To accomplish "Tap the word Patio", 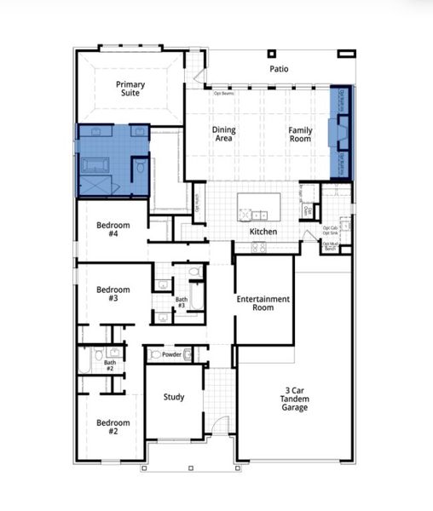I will click(x=279, y=68).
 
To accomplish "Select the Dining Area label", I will click(x=223, y=134).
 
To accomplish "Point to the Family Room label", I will click(x=300, y=134).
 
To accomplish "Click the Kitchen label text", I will click(x=263, y=232).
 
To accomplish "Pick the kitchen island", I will click(x=258, y=204).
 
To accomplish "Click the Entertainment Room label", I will click(x=263, y=303).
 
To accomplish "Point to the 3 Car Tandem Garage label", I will click(x=296, y=399).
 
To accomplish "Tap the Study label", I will click(x=174, y=397).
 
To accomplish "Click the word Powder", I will click(x=172, y=354).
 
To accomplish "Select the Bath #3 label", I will click(x=181, y=301).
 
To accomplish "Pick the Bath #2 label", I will click(x=110, y=365).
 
